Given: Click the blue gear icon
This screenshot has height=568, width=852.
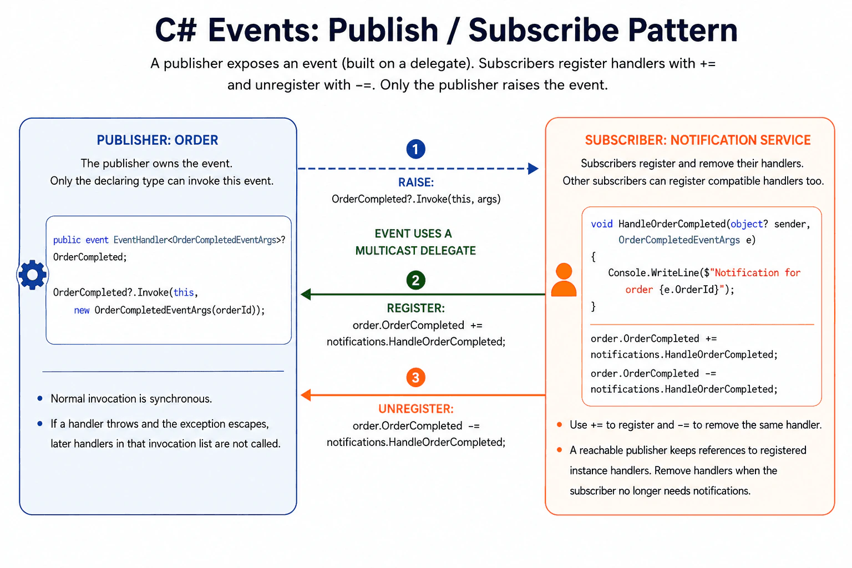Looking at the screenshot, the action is click(x=32, y=275).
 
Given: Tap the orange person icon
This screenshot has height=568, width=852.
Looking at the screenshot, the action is click(x=564, y=280).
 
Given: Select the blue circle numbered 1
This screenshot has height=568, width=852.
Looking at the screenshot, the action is click(x=415, y=149).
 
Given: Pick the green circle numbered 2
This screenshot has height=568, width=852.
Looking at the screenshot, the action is click(x=415, y=280).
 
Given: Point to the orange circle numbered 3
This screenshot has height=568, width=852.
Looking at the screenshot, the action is click(x=415, y=377).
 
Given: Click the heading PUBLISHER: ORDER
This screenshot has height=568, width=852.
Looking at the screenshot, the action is click(x=158, y=140).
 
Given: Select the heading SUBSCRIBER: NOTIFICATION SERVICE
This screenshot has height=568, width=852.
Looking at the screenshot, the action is click(x=698, y=140).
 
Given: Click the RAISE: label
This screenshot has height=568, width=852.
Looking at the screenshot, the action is click(x=415, y=182).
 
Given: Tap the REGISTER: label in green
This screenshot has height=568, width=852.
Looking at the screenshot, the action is click(x=415, y=308).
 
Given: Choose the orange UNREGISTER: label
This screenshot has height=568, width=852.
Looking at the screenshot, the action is click(x=415, y=409).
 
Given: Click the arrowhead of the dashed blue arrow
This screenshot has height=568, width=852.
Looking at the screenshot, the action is click(x=534, y=169).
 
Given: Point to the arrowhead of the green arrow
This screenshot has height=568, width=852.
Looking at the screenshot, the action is click(x=306, y=294).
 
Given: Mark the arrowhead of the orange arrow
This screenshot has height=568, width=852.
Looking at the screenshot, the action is click(x=306, y=395).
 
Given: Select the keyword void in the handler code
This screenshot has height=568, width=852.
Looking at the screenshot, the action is click(x=602, y=224).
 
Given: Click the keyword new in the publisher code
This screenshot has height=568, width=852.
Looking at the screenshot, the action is click(x=82, y=311).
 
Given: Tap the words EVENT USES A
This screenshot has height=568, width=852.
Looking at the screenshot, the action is click(x=413, y=234).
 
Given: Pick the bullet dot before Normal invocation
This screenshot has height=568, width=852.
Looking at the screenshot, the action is click(x=40, y=398).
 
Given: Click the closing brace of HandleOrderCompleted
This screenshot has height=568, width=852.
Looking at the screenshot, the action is click(x=594, y=306).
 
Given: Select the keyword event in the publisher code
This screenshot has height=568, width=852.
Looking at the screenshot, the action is click(x=97, y=240).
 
